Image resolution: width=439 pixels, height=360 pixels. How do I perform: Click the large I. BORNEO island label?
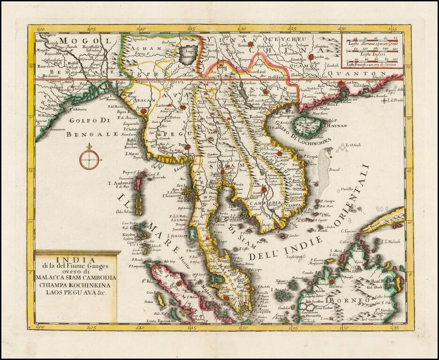pyautogui.click(x=345, y=300)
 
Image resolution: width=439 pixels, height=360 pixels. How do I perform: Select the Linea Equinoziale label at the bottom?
pyautogui.click(x=161, y=320)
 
